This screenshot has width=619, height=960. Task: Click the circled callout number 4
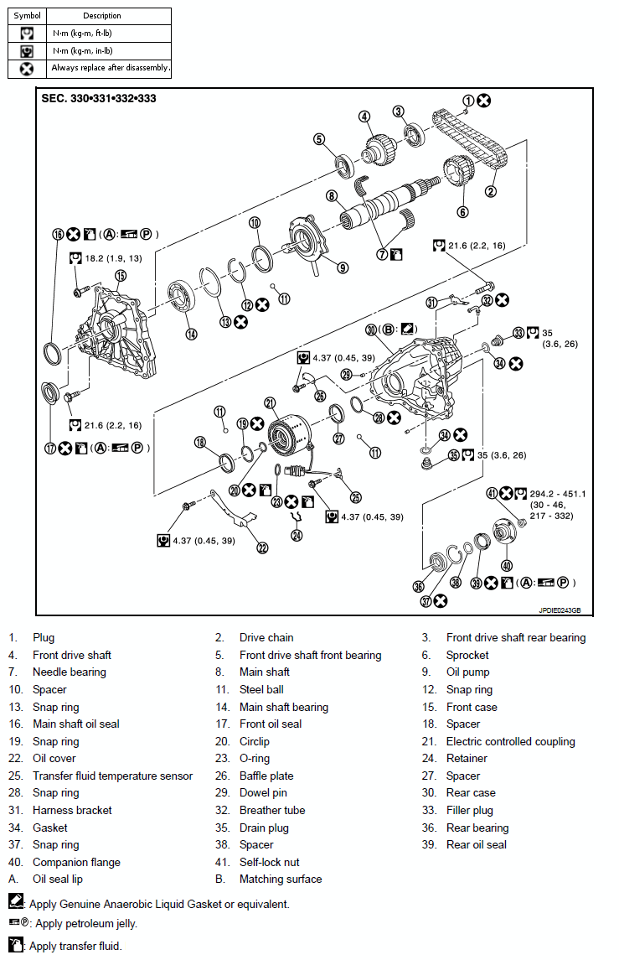point(365,116)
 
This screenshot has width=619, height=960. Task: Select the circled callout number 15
point(121,275)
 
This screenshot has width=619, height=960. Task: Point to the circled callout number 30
point(371,330)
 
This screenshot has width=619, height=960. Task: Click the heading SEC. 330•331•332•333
point(99,98)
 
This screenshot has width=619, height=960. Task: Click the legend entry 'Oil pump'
point(467,672)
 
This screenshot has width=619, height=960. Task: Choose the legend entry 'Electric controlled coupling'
point(510,741)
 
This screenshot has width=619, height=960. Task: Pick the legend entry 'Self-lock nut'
point(269,862)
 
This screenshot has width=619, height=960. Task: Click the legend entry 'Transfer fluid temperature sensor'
point(112,776)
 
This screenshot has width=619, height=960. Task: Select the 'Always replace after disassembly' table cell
point(110,68)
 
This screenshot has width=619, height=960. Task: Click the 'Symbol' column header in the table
point(27,16)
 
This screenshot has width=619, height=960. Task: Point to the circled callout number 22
point(262,547)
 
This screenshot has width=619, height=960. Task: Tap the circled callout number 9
point(343,267)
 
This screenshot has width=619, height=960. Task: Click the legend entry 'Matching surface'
point(280,879)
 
